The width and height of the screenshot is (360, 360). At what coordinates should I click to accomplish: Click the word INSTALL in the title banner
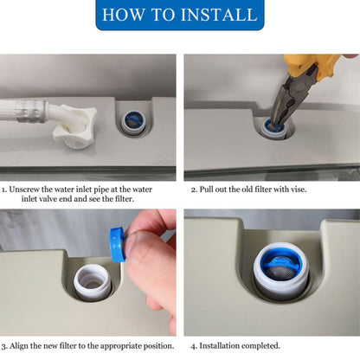coord(219,15)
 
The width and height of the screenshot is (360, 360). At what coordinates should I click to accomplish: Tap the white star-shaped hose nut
coord(74,127)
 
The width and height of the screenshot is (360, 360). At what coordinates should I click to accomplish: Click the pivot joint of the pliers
coord(299,87)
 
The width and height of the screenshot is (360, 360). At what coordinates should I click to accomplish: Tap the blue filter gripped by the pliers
coord(274,125)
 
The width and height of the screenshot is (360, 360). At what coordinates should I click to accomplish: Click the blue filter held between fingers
coord(118,244)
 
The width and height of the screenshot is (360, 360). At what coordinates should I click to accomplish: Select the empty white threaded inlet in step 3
coord(92,281)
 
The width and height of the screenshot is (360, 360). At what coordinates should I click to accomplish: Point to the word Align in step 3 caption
coord(18,346)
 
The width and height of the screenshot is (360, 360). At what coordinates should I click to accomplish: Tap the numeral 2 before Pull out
coord(194,190)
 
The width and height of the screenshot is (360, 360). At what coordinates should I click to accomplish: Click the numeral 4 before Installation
coord(194,346)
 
